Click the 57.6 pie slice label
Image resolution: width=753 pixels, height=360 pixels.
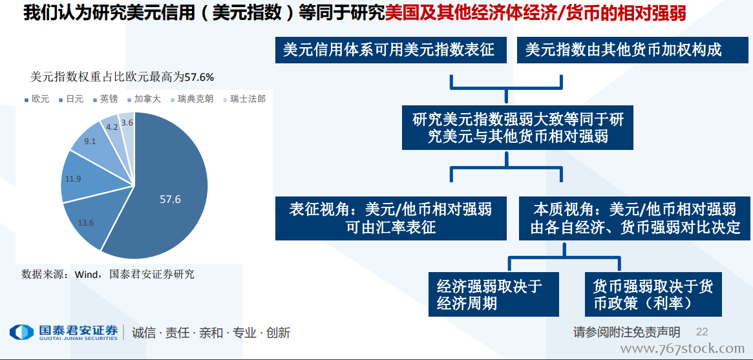coord(170,199)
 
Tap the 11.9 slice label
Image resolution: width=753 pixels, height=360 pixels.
coord(72,179)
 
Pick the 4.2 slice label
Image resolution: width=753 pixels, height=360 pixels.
coord(111,127)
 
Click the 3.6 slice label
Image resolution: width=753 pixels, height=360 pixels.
coord(127,122)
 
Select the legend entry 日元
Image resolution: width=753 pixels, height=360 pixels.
coord(71,100)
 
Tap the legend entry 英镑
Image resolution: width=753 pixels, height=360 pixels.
coord(105,100)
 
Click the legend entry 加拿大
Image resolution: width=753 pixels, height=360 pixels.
coord(144,100)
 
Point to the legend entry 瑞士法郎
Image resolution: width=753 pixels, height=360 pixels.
coord(245,100)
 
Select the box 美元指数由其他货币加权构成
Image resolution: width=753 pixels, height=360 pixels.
coord(626,50)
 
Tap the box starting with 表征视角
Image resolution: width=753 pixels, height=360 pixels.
coord(391,218)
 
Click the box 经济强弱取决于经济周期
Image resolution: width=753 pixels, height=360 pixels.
coord(494,294)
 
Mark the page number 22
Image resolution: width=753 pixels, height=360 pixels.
coord(702,332)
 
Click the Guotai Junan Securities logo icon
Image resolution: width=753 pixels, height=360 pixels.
coord(21,332)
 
